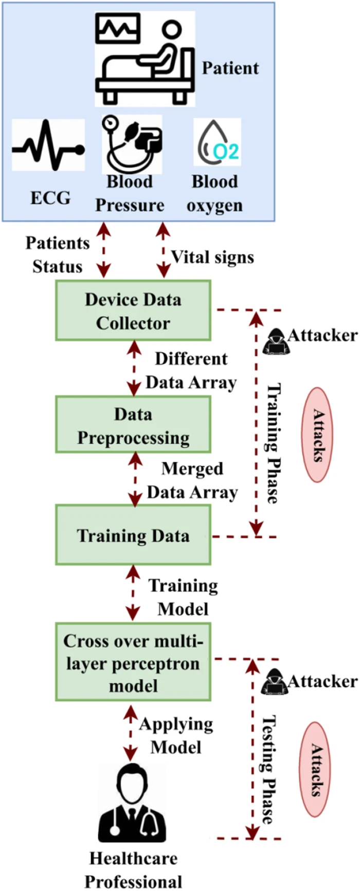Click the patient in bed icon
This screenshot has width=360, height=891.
tap(145, 58)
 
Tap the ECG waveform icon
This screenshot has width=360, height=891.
tap(48, 145)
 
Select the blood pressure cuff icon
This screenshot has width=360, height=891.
tap(132, 144)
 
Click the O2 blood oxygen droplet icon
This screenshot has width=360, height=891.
tap(217, 142)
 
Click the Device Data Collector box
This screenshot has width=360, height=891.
tap(133, 311)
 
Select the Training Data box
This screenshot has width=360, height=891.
tap(133, 535)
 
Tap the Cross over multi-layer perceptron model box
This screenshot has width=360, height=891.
tap(133, 662)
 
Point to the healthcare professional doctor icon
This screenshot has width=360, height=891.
tap(132, 804)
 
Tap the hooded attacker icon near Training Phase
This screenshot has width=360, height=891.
tap(276, 340)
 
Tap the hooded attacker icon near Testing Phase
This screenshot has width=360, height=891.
tap(274, 682)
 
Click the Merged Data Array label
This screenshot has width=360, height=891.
tap(192, 480)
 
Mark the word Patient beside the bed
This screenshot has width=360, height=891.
tap(230, 68)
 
